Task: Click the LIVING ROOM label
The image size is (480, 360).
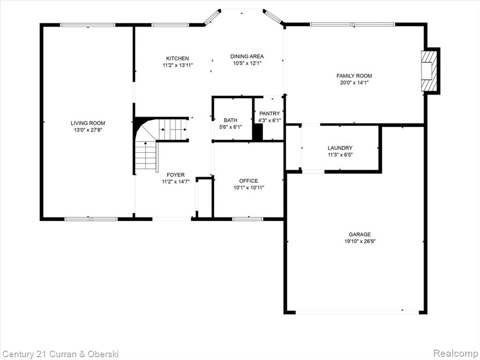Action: pyautogui.click(x=88, y=123)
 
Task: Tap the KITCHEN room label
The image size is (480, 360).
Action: pyautogui.click(x=178, y=59)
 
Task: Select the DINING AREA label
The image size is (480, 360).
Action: pyautogui.click(x=247, y=56)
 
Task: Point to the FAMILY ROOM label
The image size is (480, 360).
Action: pyautogui.click(x=354, y=76)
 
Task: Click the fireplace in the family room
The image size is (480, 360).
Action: pyautogui.click(x=428, y=71)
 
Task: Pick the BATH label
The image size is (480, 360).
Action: pyautogui.click(x=231, y=120)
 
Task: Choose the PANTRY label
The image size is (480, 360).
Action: pyautogui.click(x=270, y=113)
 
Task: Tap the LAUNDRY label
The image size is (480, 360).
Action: pyautogui.click(x=340, y=148)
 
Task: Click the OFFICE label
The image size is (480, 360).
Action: pyautogui.click(x=248, y=181)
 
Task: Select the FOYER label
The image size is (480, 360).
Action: pyautogui.click(x=176, y=175)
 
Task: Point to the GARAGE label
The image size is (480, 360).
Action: pyautogui.click(x=360, y=234)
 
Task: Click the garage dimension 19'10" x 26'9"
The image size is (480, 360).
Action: pyautogui.click(x=360, y=241)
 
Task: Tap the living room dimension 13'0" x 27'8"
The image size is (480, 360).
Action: pyautogui.click(x=88, y=130)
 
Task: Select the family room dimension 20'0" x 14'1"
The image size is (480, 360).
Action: pyautogui.click(x=354, y=82)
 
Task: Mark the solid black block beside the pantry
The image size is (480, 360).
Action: pyautogui.click(x=257, y=132)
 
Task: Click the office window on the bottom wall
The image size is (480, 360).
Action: pyautogui.click(x=247, y=219)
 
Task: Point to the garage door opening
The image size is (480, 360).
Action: pyautogui.click(x=357, y=312)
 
